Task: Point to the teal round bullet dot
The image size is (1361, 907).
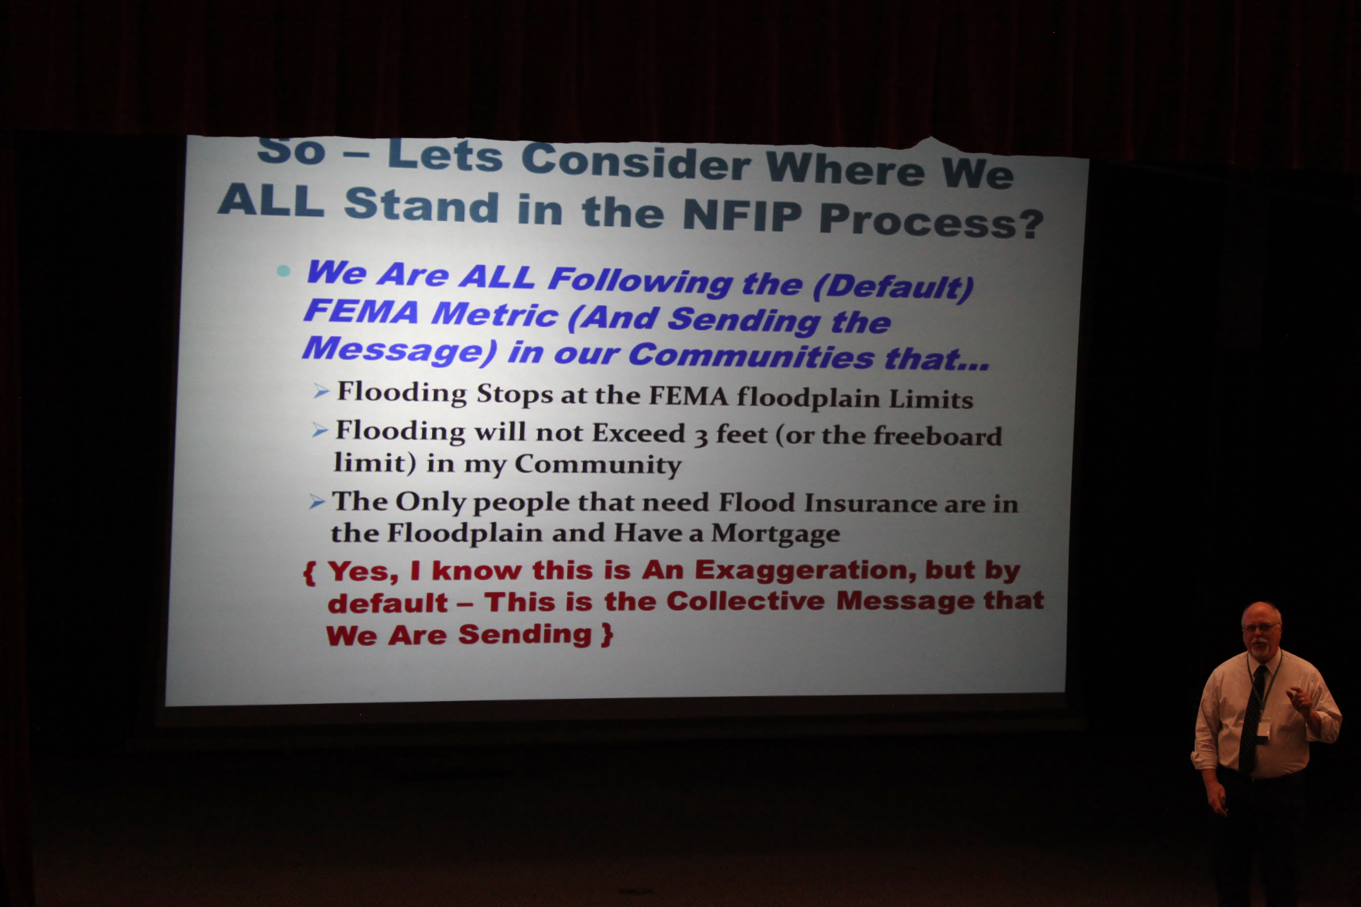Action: click(283, 271)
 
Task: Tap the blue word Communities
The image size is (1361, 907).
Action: click(751, 355)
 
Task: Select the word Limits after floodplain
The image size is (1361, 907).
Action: click(931, 399)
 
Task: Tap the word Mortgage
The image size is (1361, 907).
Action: click(775, 533)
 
